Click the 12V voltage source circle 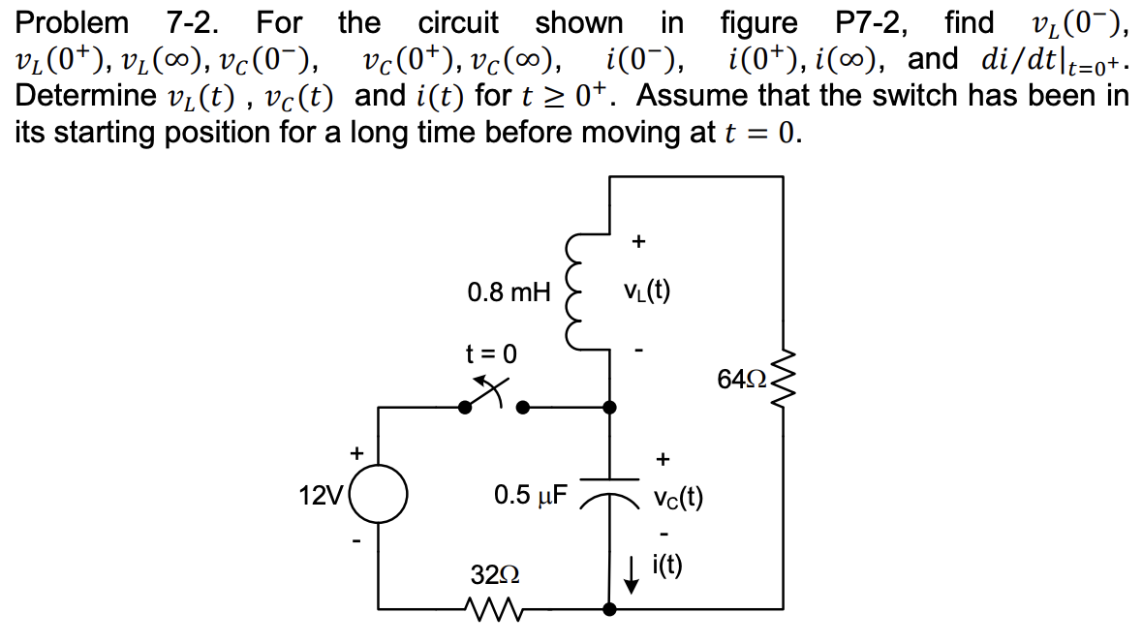pyautogui.click(x=378, y=497)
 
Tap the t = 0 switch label pyautogui.click(x=491, y=353)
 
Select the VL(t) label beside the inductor pyautogui.click(x=648, y=290)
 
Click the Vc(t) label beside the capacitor pyautogui.click(x=677, y=498)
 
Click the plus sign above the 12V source pyautogui.click(x=356, y=452)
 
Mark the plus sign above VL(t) pyautogui.click(x=638, y=241)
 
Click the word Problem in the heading pyautogui.click(x=71, y=21)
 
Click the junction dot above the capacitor pyautogui.click(x=608, y=408)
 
